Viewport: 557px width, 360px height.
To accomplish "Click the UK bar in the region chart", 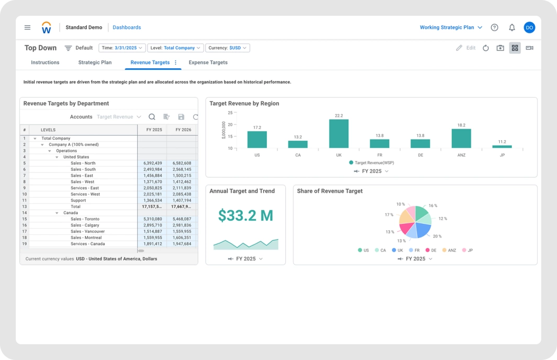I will [x=339, y=134].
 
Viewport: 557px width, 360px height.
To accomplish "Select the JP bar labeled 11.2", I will [x=502, y=147].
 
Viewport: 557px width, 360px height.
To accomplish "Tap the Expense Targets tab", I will [x=208, y=63].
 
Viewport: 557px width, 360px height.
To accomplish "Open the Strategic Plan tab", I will [x=95, y=63].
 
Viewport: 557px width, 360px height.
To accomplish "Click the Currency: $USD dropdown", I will [x=228, y=48].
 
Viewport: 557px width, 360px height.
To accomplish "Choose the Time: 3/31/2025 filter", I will [x=122, y=48].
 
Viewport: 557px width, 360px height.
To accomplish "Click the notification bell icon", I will [x=512, y=27].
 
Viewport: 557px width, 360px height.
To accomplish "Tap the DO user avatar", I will [x=529, y=27].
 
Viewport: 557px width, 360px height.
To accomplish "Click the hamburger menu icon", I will [x=27, y=27].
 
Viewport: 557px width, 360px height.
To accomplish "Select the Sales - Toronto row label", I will [x=85, y=219].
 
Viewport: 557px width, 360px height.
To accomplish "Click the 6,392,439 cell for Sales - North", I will [x=152, y=163].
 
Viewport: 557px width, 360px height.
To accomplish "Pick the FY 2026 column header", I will [x=183, y=129].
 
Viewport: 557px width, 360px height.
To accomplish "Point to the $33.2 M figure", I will [x=245, y=215].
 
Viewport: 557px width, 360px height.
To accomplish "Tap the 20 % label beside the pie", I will [x=437, y=236].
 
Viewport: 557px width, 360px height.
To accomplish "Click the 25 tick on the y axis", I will [x=230, y=112].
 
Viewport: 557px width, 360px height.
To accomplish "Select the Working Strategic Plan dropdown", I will [x=451, y=27].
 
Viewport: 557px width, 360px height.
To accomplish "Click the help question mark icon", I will [x=494, y=27].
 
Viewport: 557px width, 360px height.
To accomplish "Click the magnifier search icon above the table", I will [x=152, y=117].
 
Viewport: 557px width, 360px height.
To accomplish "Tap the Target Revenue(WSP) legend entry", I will [x=372, y=163].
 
